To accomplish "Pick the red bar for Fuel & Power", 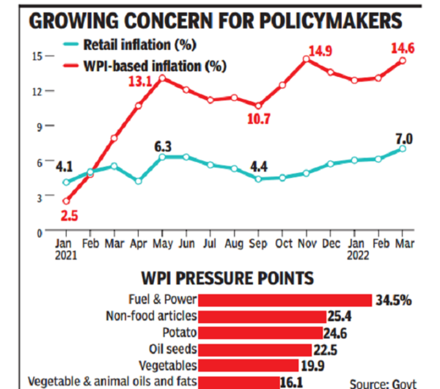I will click(x=285, y=300).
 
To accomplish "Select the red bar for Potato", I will click(x=261, y=333).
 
